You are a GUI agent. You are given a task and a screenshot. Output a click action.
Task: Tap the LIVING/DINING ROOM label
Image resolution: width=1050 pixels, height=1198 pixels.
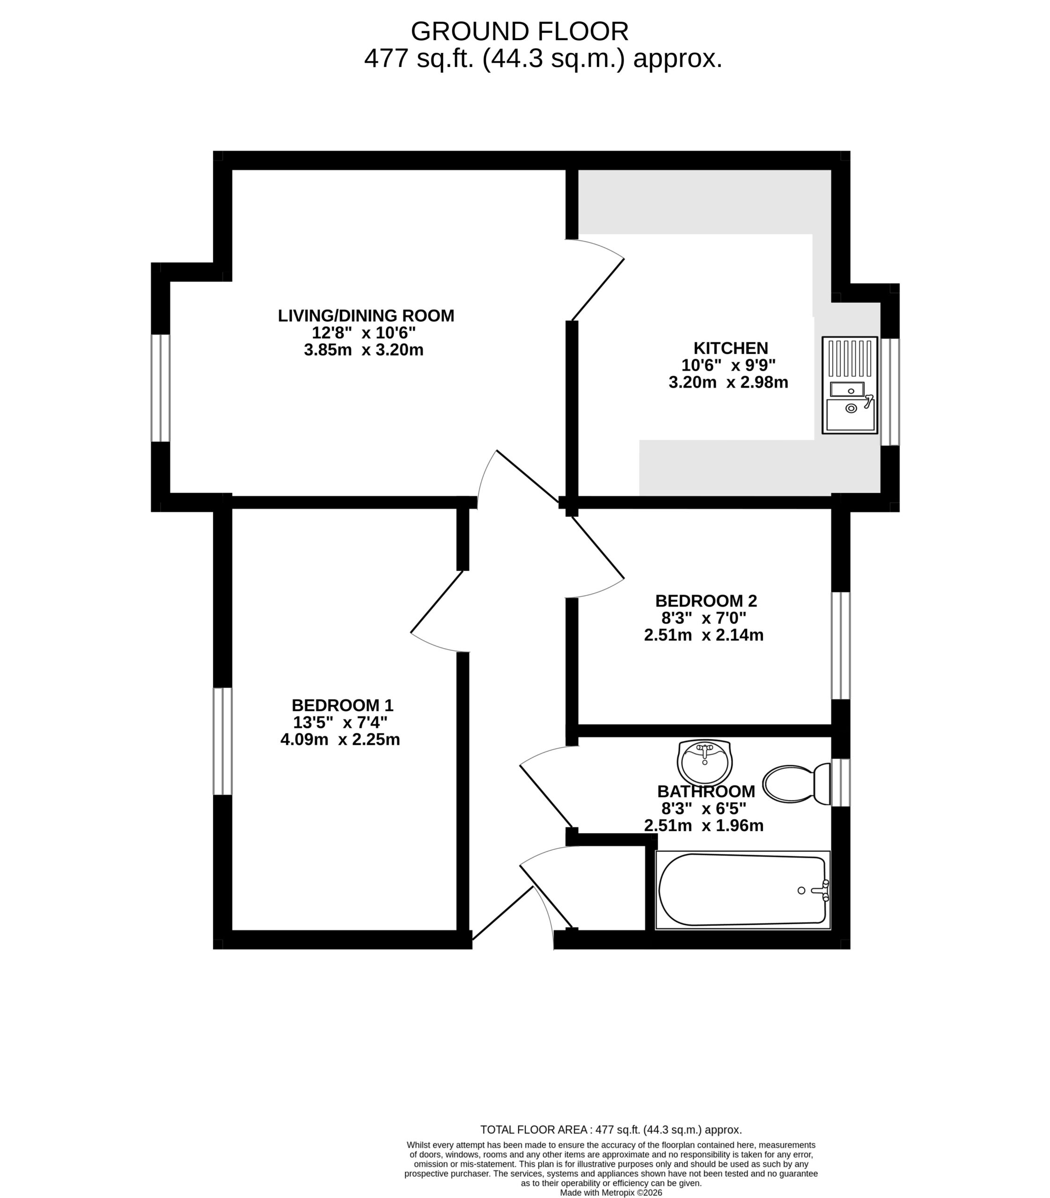366,316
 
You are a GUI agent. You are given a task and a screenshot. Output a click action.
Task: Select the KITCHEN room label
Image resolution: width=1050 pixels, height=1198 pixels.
731,348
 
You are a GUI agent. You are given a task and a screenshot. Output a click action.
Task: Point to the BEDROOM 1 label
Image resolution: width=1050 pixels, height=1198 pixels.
343,705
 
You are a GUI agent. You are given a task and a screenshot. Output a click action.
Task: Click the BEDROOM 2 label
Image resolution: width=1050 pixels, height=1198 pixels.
706,600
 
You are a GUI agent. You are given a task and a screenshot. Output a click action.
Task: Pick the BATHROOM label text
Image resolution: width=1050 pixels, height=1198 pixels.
706,791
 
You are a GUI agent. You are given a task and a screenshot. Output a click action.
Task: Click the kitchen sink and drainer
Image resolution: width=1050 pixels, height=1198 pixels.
850,385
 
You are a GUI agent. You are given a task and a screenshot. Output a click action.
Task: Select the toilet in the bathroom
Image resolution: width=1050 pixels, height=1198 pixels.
797,784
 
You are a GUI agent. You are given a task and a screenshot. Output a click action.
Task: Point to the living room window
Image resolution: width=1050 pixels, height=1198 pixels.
161,388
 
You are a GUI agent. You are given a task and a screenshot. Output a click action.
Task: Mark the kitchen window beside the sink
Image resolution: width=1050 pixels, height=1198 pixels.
890,392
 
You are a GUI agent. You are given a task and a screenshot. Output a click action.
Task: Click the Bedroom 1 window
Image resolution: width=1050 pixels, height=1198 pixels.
223,741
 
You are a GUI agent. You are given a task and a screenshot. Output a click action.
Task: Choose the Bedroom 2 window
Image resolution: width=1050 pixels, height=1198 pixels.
841,646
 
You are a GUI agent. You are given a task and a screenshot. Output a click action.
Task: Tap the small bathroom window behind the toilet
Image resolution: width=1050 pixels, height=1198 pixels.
841,782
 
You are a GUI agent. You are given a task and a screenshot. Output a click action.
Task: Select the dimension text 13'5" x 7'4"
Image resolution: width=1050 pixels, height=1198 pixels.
340,723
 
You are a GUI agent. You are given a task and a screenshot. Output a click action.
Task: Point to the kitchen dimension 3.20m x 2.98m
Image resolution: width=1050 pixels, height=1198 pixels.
728,382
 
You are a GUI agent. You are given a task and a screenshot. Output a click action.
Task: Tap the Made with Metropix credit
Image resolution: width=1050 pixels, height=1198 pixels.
611,1192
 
